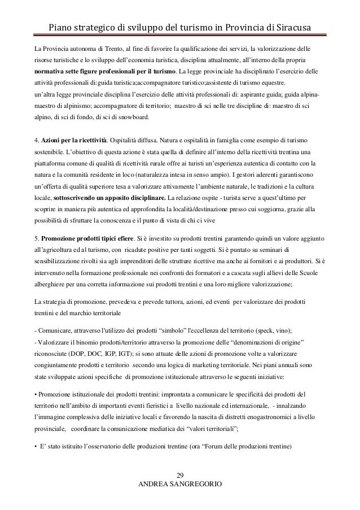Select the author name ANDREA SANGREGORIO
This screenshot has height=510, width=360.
[180, 484]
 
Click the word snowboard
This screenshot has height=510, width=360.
[132, 117]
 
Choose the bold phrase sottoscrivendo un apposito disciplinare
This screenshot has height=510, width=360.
[93, 199]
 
